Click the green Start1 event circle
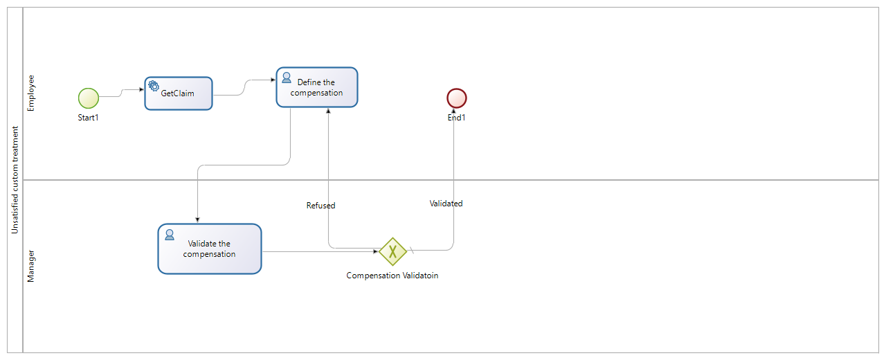[x=89, y=98]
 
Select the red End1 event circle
[x=457, y=98]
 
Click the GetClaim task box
[x=179, y=93]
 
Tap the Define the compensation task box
[x=317, y=87]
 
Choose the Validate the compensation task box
[x=210, y=249]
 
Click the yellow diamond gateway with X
[x=392, y=251]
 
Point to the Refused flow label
[x=320, y=206]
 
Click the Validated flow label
[x=446, y=204]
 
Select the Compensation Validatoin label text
[x=392, y=276]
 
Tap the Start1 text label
[x=89, y=118]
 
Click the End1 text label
[x=457, y=118]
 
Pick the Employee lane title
[x=30, y=93]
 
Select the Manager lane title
[x=30, y=267]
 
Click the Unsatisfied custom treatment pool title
[x=15, y=180]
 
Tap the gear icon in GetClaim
[x=153, y=85]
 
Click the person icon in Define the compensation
[x=287, y=77]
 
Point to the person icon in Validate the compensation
[x=169, y=234]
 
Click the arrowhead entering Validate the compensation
[x=198, y=219]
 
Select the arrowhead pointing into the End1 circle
[x=454, y=111]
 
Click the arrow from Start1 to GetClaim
[x=122, y=92]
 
